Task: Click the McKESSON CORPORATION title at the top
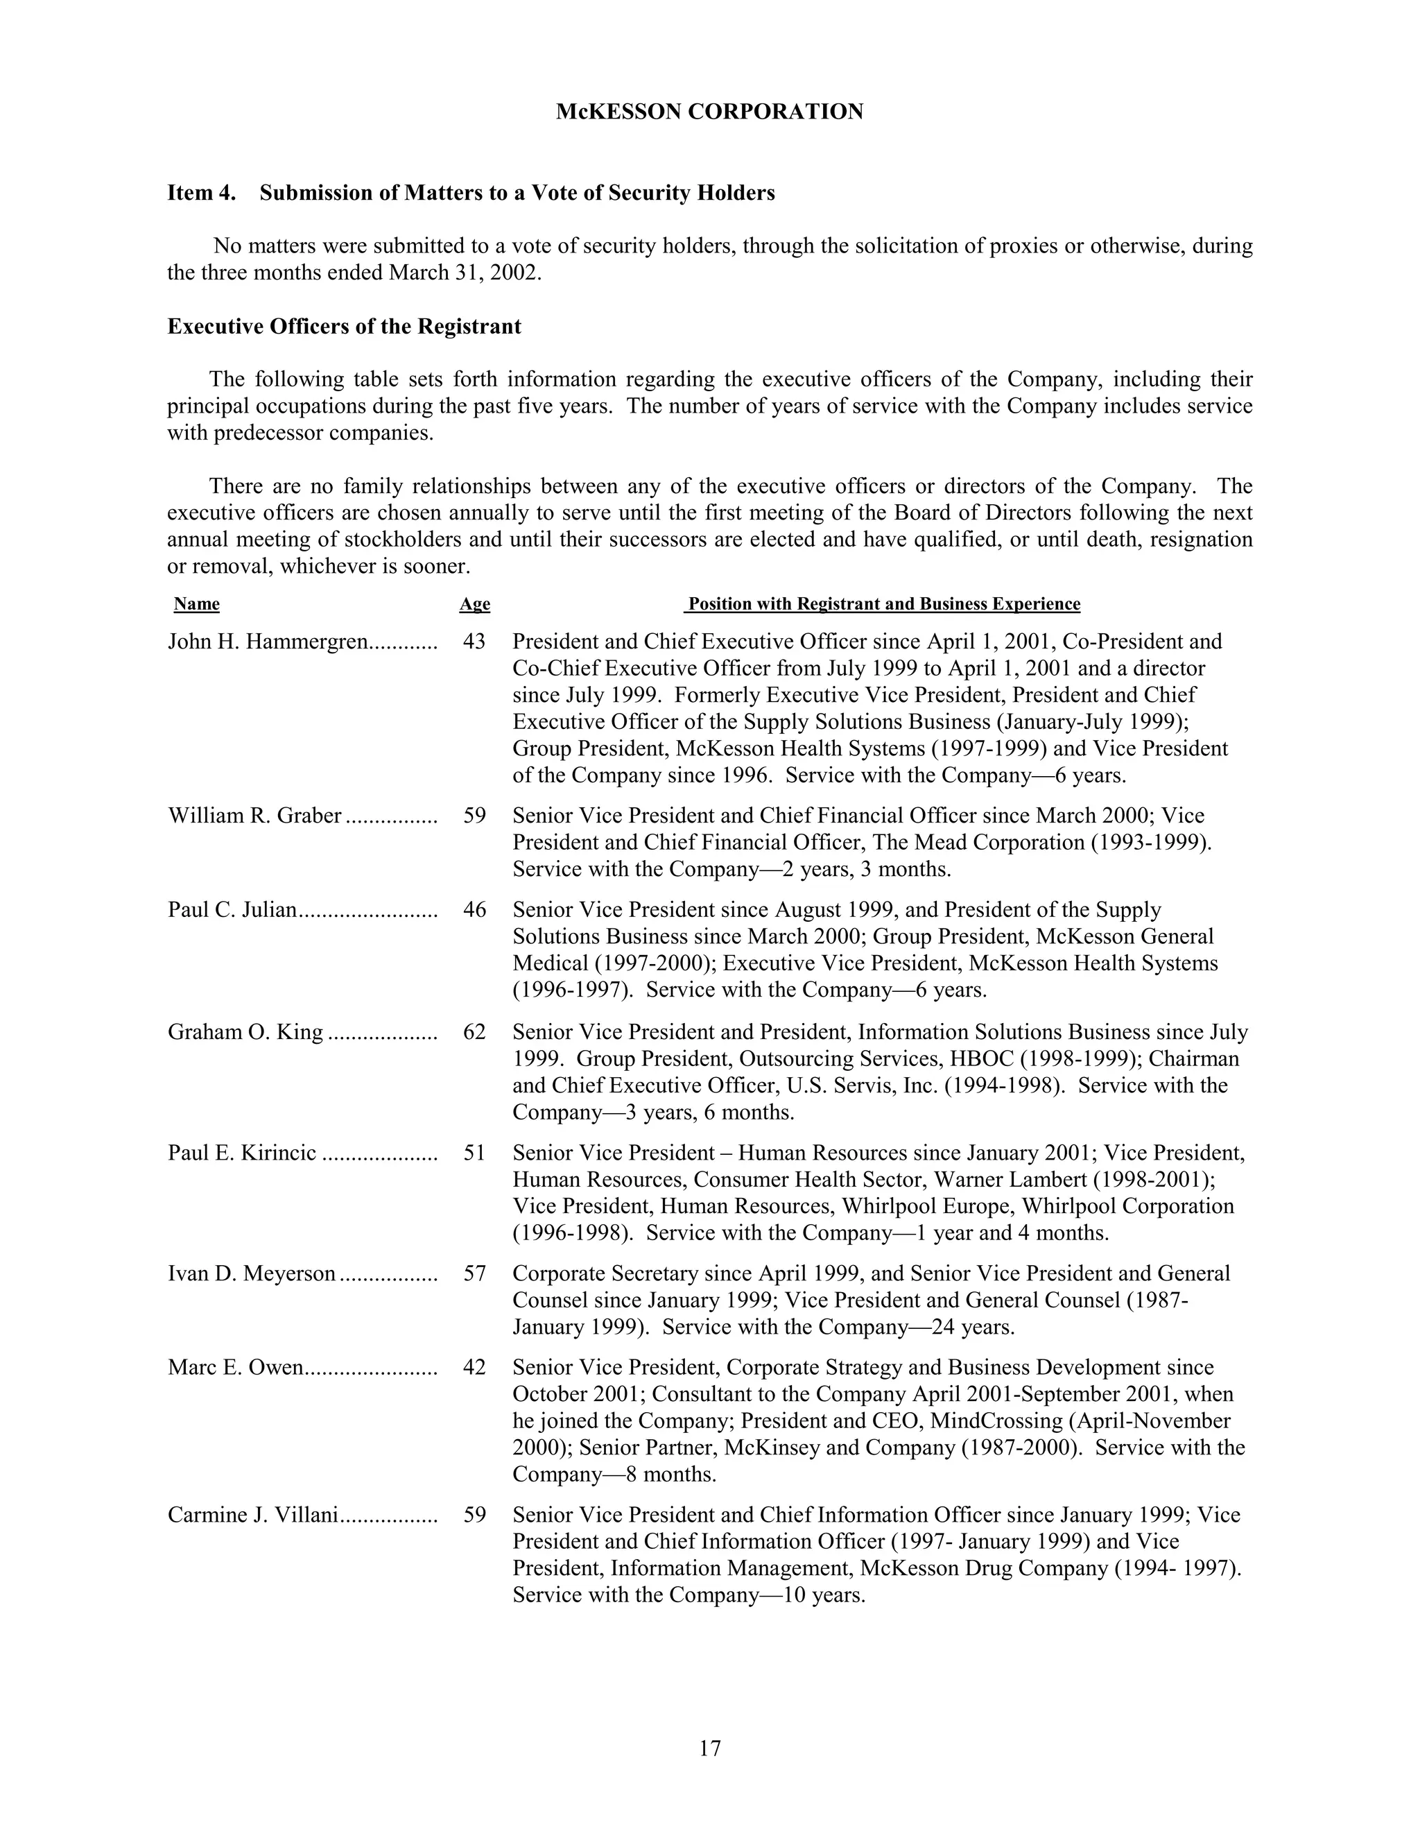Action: coord(709,112)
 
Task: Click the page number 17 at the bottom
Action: coord(709,1748)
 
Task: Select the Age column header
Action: coord(474,604)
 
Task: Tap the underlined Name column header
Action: coord(196,604)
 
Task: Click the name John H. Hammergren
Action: coord(268,642)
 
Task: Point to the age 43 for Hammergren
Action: coord(474,642)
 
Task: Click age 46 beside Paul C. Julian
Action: coord(474,910)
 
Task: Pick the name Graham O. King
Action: coord(245,1032)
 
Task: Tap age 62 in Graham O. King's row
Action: coord(474,1032)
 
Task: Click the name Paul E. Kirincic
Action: coord(242,1153)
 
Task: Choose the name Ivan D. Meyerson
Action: coord(252,1274)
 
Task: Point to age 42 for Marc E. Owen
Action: coord(474,1368)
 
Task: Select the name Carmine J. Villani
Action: coord(252,1515)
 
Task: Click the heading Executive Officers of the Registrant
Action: coord(344,327)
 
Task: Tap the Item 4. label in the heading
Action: coord(201,193)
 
